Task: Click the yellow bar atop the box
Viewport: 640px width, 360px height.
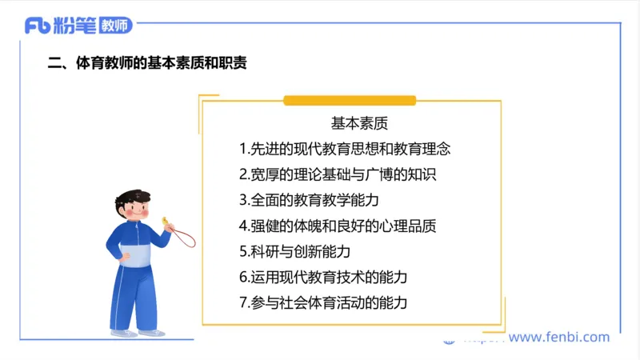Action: coord(350,100)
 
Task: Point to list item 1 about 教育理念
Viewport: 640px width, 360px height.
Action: coord(345,149)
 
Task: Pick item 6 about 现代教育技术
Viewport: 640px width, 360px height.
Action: coord(323,277)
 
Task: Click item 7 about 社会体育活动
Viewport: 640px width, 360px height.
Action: coord(323,302)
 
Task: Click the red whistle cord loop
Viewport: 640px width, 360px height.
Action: coord(186,237)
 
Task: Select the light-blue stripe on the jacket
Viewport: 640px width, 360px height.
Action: coord(136,255)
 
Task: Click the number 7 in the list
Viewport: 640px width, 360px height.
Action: coord(242,302)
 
